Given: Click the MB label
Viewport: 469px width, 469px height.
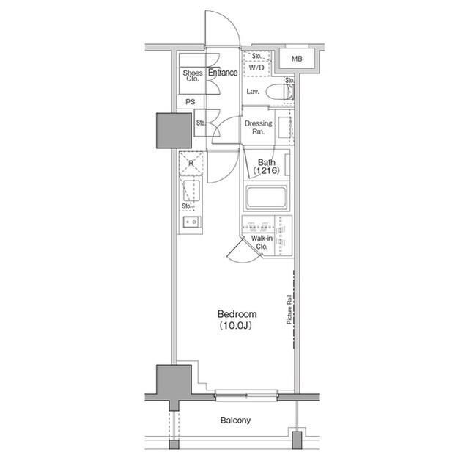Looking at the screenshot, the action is click(297, 59).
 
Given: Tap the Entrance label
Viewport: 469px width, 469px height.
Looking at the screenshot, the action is click(223, 73).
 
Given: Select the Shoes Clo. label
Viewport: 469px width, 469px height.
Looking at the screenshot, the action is click(193, 76).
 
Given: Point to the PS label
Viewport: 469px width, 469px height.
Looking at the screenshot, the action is click(191, 102).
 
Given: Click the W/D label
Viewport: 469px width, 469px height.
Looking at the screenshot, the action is click(256, 68).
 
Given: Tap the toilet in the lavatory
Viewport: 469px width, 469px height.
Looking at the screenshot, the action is click(280, 91).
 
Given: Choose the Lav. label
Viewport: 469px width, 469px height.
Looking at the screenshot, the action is click(253, 91).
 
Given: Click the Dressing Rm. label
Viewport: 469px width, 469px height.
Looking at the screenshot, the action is click(259, 127).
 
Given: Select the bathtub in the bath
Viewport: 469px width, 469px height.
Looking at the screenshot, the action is click(267, 197).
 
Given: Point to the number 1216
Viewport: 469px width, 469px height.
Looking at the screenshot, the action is click(267, 170).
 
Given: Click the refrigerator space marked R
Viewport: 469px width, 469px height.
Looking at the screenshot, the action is click(191, 164).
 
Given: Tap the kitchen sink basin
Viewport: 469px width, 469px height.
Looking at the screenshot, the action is click(191, 191).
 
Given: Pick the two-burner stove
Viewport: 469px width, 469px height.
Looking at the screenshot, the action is click(192, 222).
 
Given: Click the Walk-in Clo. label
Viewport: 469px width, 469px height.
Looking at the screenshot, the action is click(262, 243).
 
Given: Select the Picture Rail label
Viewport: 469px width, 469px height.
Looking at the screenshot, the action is click(289, 310).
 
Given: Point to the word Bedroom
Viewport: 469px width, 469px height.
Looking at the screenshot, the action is click(237, 314).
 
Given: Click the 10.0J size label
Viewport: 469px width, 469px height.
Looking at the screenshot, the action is click(236, 326).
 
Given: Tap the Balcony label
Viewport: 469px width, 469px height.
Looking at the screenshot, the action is click(235, 420).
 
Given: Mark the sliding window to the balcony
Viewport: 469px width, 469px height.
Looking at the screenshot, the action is click(246, 396).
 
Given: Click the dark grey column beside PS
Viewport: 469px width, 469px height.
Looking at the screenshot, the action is click(174, 131).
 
